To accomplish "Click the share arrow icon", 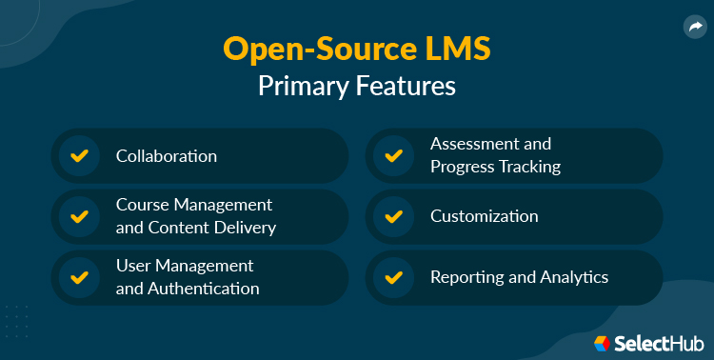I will click(692, 28).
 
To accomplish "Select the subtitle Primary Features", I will click(357, 86).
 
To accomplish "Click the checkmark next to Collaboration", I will click(79, 155).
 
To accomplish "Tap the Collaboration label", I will click(167, 155).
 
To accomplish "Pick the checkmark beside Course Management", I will click(79, 216).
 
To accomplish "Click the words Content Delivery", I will click(212, 228).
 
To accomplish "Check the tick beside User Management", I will click(79, 277).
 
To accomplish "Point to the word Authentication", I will click(203, 289).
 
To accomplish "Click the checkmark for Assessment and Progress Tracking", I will click(393, 155).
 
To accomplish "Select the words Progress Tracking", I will click(495, 167).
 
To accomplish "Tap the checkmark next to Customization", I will click(393, 216).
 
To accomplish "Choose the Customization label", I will click(485, 216).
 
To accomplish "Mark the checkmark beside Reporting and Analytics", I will click(393, 277).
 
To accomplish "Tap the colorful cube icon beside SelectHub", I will click(603, 343).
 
